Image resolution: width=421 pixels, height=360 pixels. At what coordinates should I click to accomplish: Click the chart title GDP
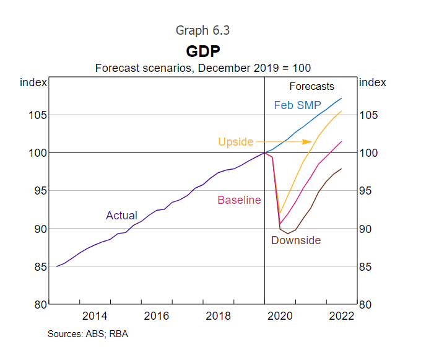[203, 51]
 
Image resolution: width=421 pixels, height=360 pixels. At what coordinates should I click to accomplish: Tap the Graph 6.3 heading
[203, 30]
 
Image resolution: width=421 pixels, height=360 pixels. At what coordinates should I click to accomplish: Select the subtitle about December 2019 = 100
[203, 68]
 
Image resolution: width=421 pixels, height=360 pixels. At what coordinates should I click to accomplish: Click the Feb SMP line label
[297, 105]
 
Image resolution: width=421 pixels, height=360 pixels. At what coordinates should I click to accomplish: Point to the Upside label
[236, 142]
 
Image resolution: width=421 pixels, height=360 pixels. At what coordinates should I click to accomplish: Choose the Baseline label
[239, 200]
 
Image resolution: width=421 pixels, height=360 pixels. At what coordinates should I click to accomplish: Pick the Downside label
[296, 240]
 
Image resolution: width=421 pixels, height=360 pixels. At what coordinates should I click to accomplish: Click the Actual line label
[121, 216]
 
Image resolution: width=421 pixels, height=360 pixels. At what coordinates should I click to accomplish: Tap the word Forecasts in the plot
[311, 87]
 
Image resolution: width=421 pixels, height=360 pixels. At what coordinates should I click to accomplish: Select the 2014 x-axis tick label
[95, 315]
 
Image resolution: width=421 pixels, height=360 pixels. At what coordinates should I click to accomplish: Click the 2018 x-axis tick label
[218, 315]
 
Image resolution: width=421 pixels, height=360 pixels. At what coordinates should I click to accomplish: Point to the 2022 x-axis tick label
[341, 315]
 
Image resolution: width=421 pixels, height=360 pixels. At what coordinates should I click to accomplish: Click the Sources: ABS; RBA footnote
[88, 335]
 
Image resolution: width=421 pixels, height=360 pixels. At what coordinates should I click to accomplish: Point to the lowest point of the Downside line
[288, 234]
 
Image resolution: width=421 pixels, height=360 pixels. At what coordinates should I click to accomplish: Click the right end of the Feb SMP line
[342, 99]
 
